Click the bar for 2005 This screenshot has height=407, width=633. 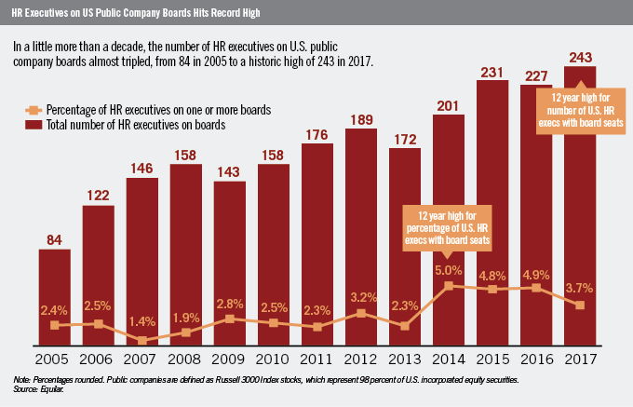(55, 298)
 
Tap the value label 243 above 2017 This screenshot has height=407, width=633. (581, 55)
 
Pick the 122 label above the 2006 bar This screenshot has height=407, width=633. (99, 193)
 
